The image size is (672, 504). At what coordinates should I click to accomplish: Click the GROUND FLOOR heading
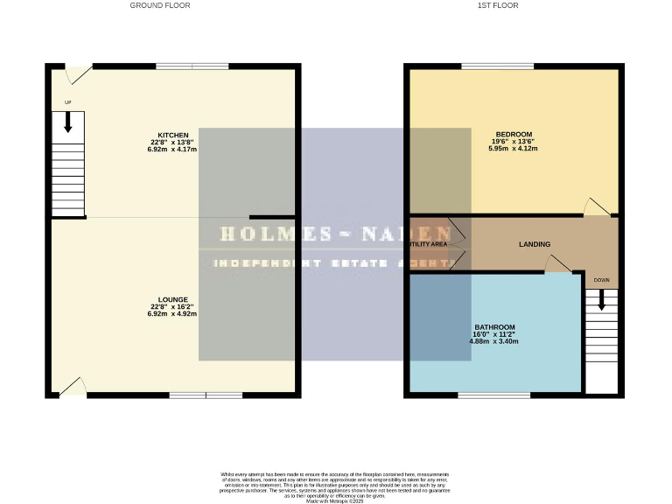click(160, 5)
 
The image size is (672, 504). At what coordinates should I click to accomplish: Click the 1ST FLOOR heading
click(498, 5)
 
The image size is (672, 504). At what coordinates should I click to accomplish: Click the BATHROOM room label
click(493, 326)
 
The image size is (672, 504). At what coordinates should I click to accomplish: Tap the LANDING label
click(534, 244)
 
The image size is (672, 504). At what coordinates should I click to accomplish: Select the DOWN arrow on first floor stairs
click(600, 299)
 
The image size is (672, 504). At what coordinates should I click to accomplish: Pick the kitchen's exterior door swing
click(80, 75)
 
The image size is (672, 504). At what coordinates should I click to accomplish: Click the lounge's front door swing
click(73, 386)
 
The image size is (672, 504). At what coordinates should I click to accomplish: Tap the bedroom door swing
click(597, 206)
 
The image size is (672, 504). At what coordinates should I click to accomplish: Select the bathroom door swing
click(556, 264)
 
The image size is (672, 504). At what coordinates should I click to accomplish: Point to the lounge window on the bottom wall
click(206, 395)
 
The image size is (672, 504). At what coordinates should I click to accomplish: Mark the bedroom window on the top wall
click(497, 66)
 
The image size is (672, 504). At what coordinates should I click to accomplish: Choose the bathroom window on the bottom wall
click(493, 395)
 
